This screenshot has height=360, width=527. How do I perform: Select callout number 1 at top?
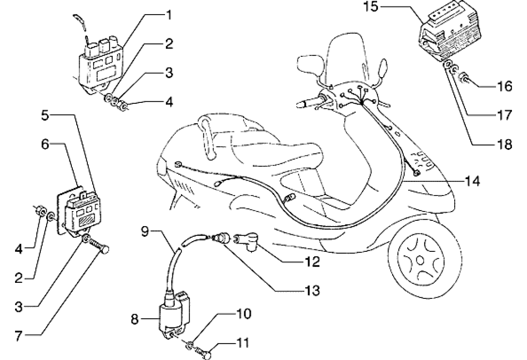168,15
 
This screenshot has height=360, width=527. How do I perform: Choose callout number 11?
244,344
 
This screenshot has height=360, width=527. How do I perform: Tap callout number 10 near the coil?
244,314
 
